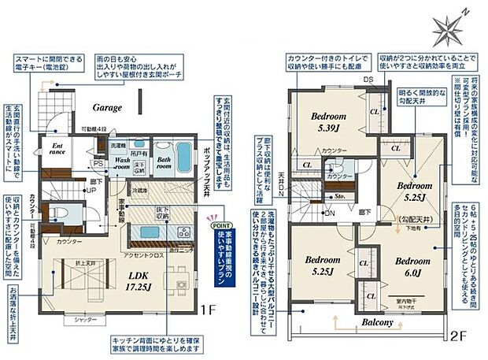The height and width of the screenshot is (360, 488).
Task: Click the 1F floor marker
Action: [x=207, y=310]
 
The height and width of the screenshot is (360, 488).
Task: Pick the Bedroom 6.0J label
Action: [x=412, y=266]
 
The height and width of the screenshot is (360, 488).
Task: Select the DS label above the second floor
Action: [x=368, y=80]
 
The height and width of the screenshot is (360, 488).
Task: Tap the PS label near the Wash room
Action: [x=98, y=164]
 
